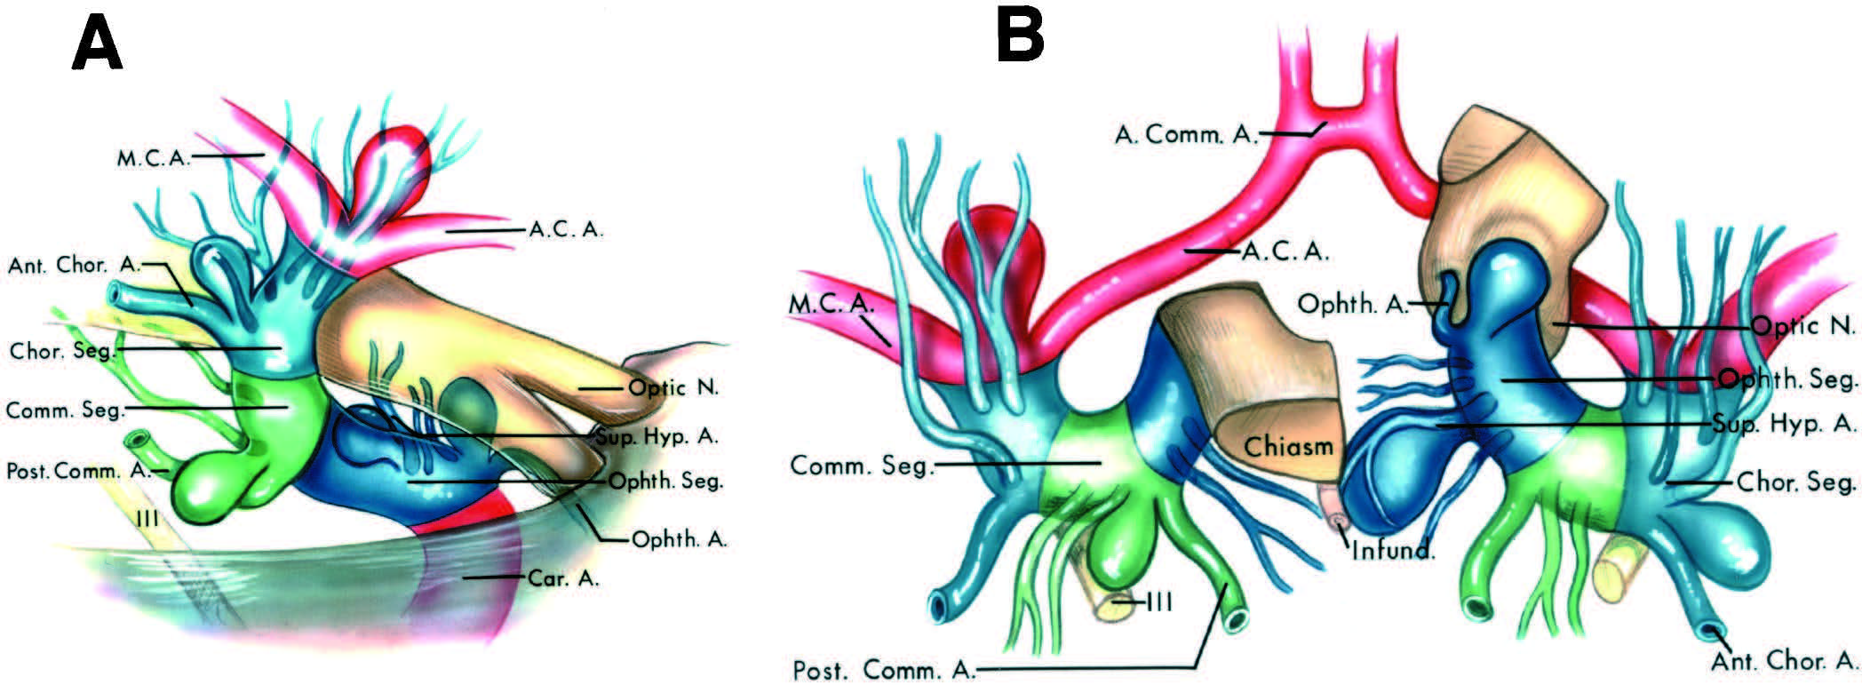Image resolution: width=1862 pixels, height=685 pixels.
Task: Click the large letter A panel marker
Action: [x=97, y=44]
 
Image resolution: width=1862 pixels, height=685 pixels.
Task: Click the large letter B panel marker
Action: [x=1021, y=36]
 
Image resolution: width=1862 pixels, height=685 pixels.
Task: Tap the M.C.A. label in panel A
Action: [x=152, y=159]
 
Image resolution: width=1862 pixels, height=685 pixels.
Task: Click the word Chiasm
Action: [x=1288, y=445]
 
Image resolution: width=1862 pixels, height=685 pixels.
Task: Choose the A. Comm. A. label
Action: [x=1185, y=134]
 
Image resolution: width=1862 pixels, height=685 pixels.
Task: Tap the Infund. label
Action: [x=1393, y=550]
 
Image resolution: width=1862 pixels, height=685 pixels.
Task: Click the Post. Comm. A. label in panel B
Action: [x=883, y=669]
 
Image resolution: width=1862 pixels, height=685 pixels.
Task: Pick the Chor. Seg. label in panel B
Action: [x=1795, y=482]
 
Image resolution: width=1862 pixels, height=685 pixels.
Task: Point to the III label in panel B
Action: [x=1159, y=602]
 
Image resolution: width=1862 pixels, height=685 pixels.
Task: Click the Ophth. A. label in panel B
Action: [x=1352, y=305]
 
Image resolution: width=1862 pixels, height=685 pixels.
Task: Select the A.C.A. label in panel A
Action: [x=566, y=230]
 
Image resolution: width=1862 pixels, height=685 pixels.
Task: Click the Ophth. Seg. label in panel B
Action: [x=1786, y=380]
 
